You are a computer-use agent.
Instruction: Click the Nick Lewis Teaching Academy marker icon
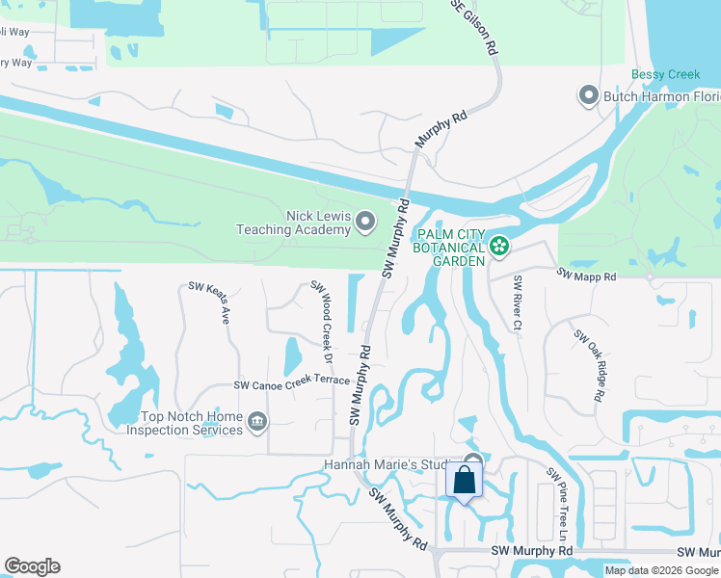click(x=365, y=223)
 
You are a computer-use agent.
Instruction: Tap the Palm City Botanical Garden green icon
click(x=498, y=248)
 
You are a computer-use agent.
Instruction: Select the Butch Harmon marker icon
click(x=588, y=95)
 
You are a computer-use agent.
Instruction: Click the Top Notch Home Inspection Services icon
click(x=257, y=421)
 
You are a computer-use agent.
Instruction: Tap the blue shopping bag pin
click(x=464, y=480)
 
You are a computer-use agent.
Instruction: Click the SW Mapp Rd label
click(x=585, y=275)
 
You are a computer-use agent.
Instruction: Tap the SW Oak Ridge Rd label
click(x=590, y=365)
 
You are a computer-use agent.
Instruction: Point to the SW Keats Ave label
click(x=209, y=302)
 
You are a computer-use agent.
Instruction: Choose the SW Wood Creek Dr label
click(x=322, y=322)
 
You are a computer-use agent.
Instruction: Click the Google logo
click(x=32, y=566)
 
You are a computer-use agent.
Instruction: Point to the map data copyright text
click(x=661, y=570)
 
